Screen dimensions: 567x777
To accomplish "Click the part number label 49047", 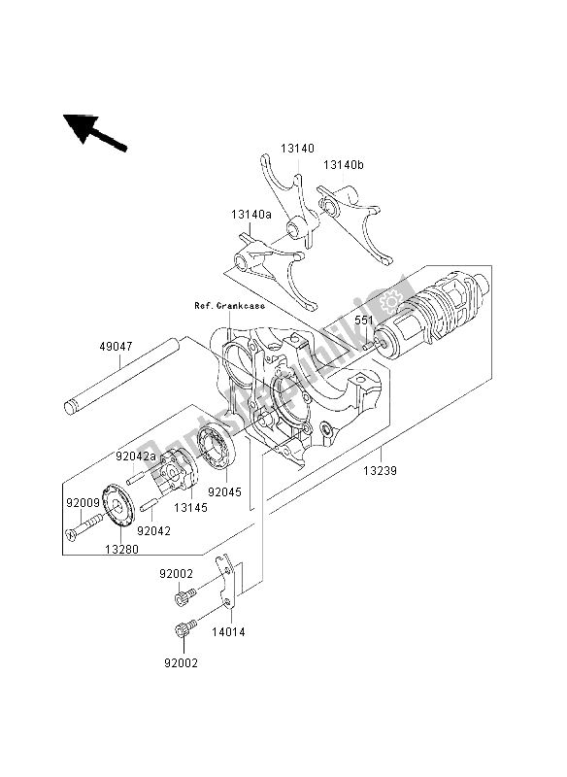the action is (x=116, y=346).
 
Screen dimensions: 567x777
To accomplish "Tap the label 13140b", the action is (x=344, y=164).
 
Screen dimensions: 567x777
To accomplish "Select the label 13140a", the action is (x=251, y=215).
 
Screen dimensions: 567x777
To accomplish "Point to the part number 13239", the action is (x=381, y=470).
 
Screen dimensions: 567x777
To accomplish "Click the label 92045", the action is (x=225, y=492).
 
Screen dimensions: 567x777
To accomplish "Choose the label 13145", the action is (x=190, y=507).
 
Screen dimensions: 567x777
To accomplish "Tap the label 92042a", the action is (x=136, y=456).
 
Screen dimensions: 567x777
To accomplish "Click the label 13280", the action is (x=121, y=549).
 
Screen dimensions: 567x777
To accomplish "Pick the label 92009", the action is (x=83, y=503).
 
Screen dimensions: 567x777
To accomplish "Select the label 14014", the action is (x=228, y=632).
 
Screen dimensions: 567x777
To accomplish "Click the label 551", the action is (x=363, y=321).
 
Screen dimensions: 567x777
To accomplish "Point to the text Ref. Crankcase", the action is (x=229, y=306).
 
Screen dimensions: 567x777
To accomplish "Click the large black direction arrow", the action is (x=94, y=132).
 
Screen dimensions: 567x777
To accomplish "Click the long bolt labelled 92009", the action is (x=83, y=526).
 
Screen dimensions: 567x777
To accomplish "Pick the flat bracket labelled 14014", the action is (x=226, y=584).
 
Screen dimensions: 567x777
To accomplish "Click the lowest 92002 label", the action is (x=182, y=663).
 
